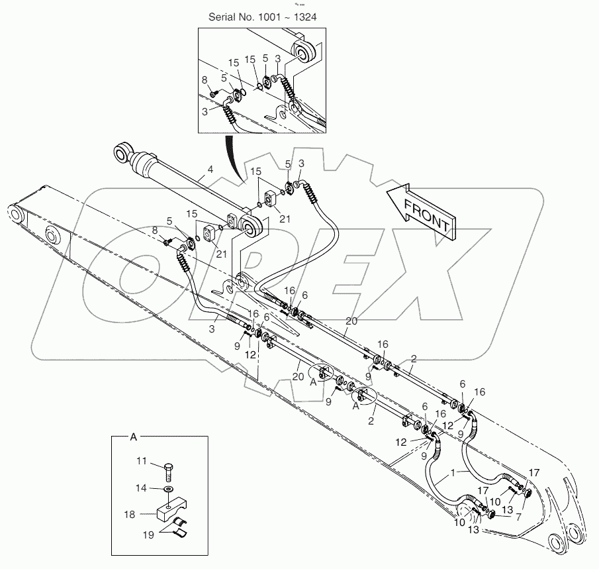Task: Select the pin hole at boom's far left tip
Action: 13,214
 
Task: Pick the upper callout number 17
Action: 533,474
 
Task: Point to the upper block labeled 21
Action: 271,198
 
